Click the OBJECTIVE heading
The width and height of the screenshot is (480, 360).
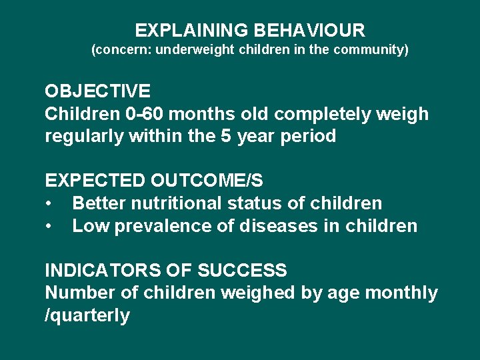[97, 91]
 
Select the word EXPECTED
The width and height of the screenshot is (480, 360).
[95, 181]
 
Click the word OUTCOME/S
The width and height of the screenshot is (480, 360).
[207, 181]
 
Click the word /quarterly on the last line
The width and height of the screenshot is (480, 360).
[87, 315]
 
